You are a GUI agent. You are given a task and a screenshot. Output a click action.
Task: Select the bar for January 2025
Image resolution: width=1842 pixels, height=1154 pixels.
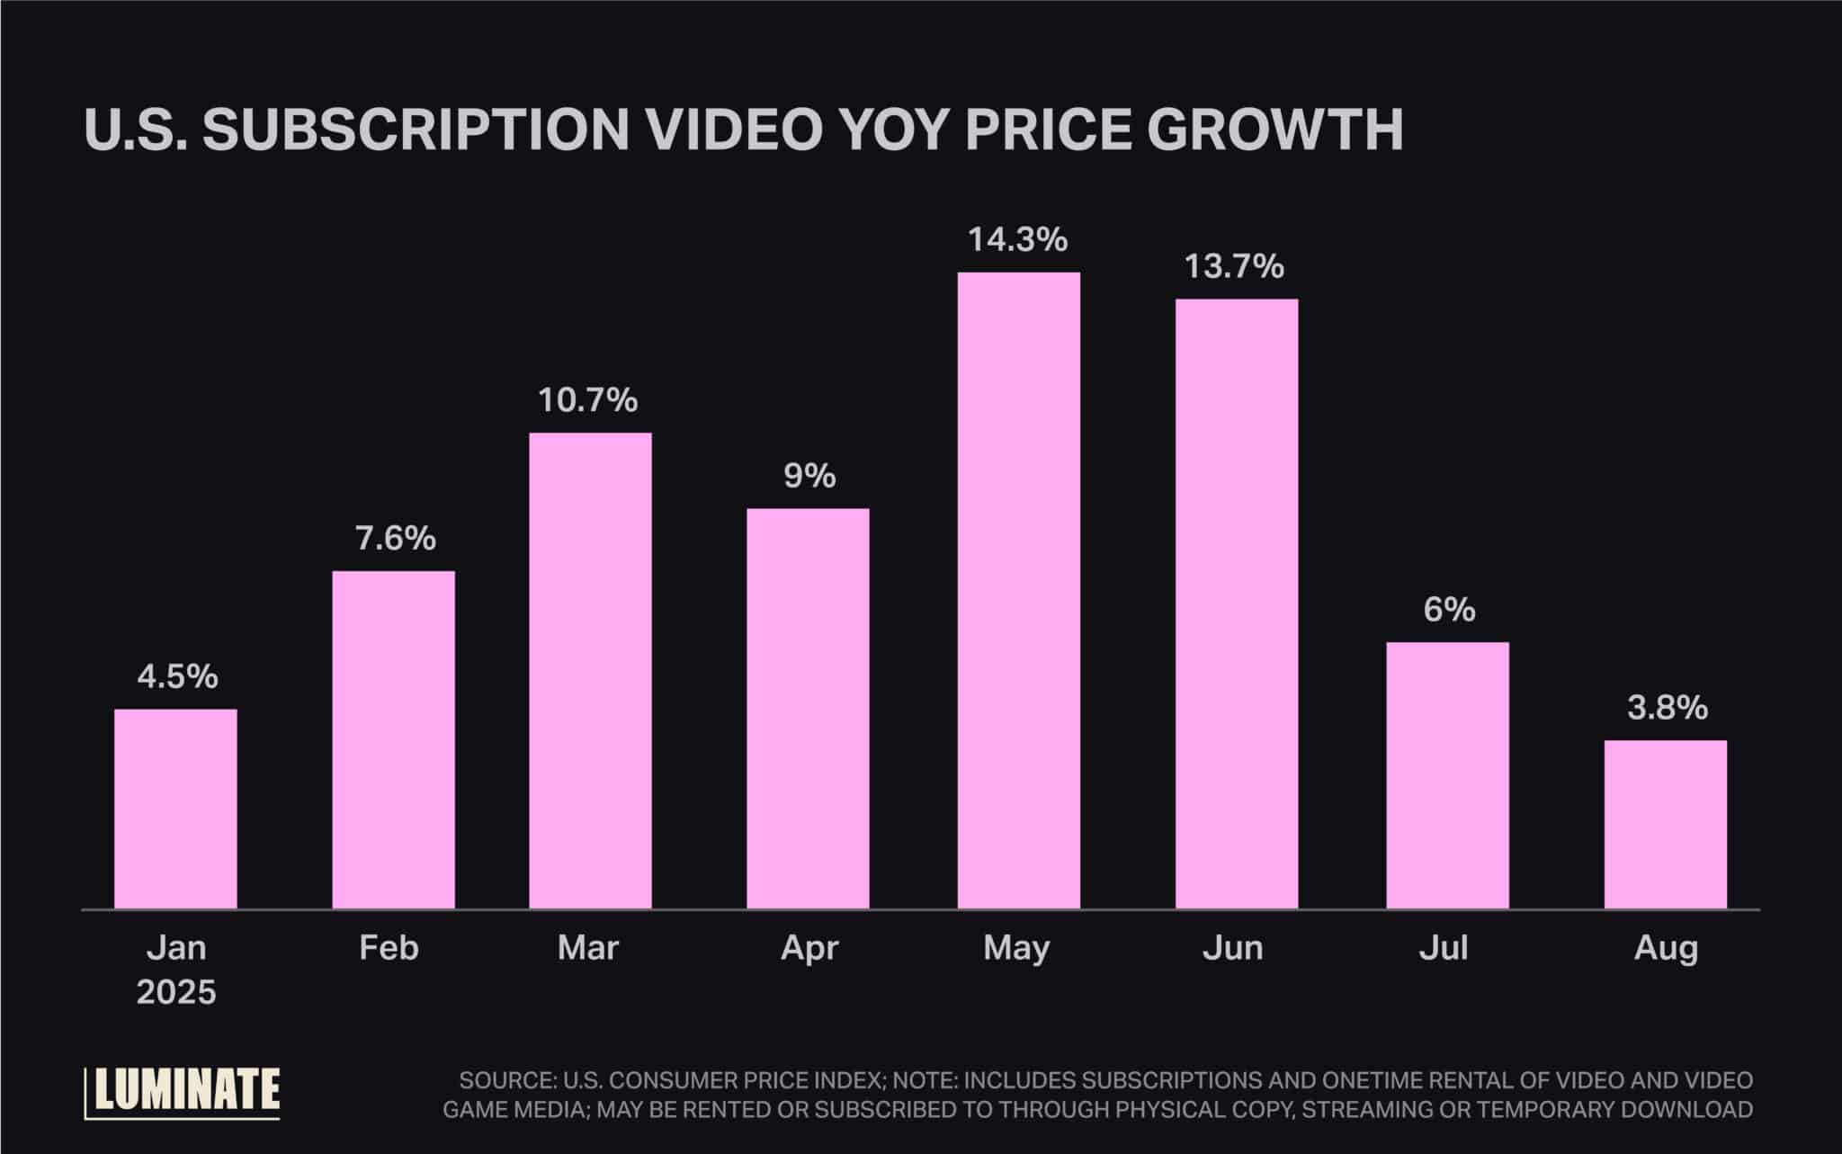[x=175, y=809]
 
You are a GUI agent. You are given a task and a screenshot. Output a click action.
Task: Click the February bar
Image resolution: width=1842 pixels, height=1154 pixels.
[x=393, y=739]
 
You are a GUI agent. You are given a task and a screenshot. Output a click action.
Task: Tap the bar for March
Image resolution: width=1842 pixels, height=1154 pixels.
[x=590, y=670]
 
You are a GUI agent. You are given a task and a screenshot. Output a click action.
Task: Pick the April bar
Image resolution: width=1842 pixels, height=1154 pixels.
[x=808, y=708]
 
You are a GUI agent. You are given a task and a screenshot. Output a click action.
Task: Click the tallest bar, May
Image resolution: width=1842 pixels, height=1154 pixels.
[x=1018, y=590]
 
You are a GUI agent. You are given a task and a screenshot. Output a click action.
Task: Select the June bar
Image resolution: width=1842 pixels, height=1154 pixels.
[x=1236, y=604]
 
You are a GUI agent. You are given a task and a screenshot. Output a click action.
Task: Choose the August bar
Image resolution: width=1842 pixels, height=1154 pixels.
[x=1665, y=824]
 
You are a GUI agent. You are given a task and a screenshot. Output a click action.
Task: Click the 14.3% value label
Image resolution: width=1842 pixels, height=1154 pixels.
[x=1017, y=240]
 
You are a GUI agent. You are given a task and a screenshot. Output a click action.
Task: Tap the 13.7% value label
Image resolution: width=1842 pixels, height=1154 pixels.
[x=1233, y=267]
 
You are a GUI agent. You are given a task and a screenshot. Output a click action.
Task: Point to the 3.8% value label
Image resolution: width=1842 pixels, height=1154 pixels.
[x=1667, y=709]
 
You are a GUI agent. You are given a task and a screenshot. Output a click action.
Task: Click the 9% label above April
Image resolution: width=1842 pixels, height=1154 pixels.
[x=809, y=476]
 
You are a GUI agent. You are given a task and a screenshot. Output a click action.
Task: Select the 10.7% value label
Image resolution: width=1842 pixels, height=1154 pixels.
[x=588, y=400]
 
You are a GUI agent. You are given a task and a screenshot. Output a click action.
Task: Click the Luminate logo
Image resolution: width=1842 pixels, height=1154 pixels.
[x=183, y=1092]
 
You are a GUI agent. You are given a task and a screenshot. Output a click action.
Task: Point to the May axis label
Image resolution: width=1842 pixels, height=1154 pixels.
[x=1016, y=948]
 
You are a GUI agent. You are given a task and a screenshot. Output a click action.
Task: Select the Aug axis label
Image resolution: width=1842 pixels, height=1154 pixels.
[x=1666, y=948]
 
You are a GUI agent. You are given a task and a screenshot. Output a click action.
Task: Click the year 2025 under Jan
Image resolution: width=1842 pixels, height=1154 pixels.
[x=176, y=992]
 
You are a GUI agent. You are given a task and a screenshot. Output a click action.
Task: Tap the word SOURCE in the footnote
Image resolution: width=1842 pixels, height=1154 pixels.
[x=505, y=1080]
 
